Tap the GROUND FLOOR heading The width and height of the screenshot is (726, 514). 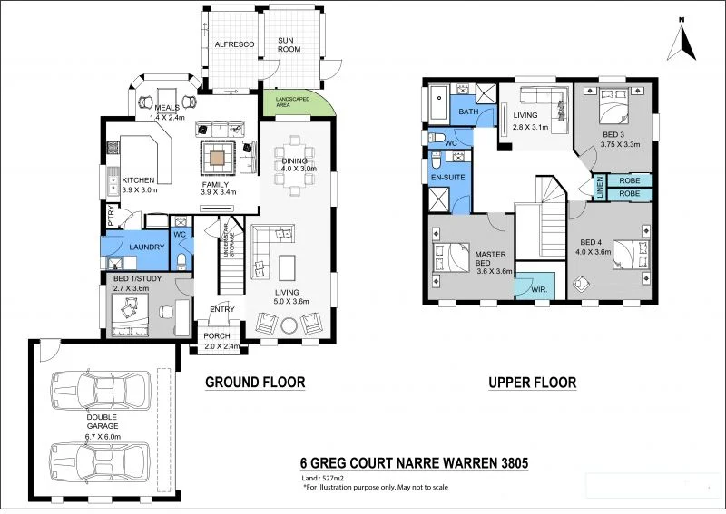pyautogui.click(x=254, y=383)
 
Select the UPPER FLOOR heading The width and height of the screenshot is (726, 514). pyautogui.click(x=532, y=383)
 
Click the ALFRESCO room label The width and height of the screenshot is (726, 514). pyautogui.click(x=231, y=44)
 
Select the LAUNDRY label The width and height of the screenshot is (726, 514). pyautogui.click(x=146, y=247)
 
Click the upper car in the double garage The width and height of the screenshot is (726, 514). pyautogui.click(x=99, y=391)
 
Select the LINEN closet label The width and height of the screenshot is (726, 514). pyautogui.click(x=600, y=188)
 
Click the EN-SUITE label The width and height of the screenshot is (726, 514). pyautogui.click(x=448, y=178)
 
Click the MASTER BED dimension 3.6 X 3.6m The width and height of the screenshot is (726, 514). pyautogui.click(x=490, y=269)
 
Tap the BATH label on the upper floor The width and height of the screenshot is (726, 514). pyautogui.click(x=467, y=112)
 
